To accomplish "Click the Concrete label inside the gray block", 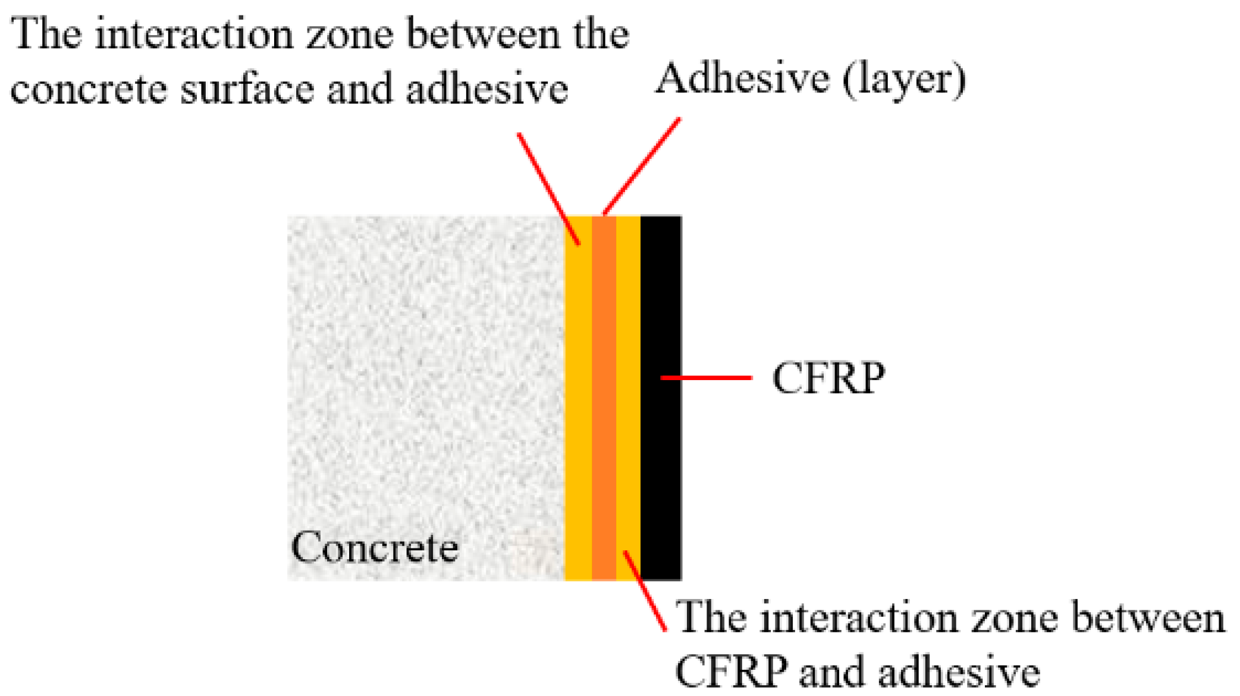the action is pos(375,547).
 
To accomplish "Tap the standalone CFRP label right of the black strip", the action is pos(828,378).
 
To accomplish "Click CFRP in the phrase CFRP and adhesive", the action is pos(732,672).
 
